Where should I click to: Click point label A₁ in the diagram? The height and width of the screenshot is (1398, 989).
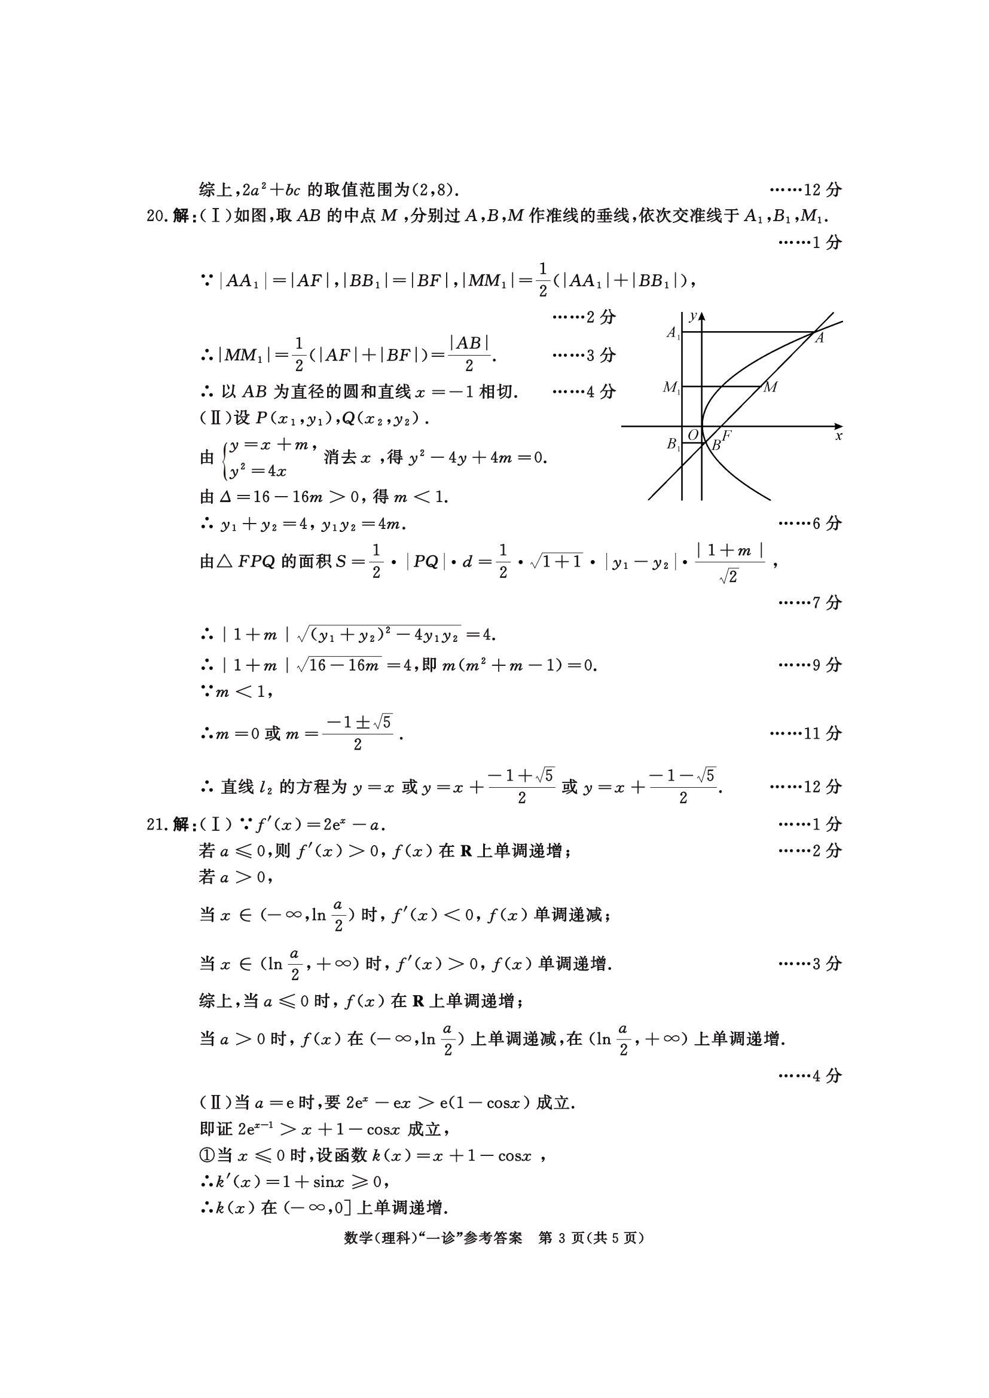672,332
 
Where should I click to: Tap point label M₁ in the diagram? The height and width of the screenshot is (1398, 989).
671,387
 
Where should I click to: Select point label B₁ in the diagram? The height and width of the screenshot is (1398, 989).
672,444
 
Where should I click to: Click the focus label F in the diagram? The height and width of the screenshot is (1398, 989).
727,435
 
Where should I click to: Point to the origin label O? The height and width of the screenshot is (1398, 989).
693,435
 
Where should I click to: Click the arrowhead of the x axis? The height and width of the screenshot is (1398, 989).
838,426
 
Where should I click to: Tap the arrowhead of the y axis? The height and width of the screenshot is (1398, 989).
702,316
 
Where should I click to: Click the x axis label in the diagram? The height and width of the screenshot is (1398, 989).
838,436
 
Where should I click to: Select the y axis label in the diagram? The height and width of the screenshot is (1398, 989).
693,316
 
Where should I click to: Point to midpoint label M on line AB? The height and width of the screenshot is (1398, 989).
770,387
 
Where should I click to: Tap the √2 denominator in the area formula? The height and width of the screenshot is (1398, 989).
728,577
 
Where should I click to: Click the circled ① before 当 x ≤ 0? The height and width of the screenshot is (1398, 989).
207,1156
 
